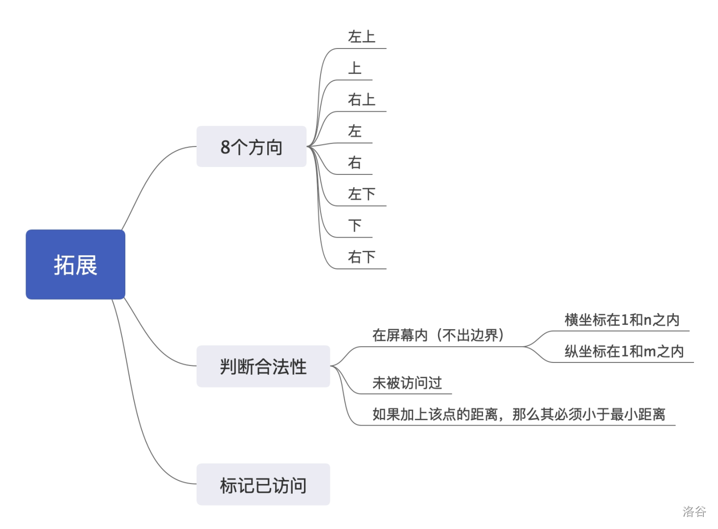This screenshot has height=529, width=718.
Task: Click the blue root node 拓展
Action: pos(75,264)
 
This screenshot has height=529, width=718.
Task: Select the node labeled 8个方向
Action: pos(251,146)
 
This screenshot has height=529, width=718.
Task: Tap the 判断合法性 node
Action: pos(263,366)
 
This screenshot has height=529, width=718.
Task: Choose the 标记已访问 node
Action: pos(263,484)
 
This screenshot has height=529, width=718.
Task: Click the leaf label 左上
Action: pos(361,37)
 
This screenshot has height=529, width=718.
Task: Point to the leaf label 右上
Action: pos(361,100)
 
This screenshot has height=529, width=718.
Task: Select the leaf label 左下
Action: pos(361,194)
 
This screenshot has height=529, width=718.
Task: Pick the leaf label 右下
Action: pos(361,257)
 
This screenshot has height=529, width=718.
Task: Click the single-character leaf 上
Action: pos(354,69)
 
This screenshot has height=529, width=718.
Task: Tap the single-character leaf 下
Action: pos(354,226)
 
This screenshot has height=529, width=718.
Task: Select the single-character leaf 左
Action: pos(354,131)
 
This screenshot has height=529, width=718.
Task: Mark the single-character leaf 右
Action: pos(354,163)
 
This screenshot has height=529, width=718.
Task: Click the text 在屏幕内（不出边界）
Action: pos(438,336)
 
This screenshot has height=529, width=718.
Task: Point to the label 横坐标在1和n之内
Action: pos(622,320)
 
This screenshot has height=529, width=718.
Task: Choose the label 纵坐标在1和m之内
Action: pos(624,351)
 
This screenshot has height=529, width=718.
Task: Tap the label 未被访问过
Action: pos(407,383)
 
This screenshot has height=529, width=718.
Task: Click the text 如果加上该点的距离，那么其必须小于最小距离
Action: pos(519,414)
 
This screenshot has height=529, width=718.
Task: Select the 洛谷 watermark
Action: pos(694,511)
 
